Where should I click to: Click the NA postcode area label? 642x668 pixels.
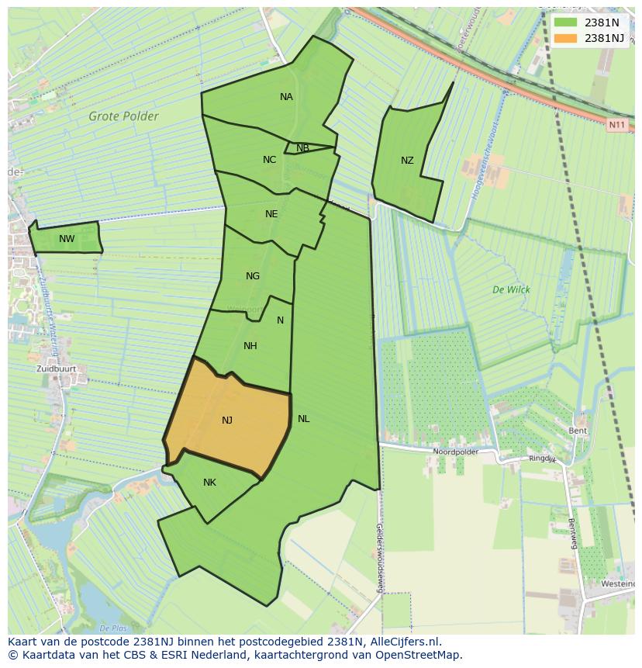click(x=286, y=97)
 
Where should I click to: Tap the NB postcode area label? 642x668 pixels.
click(x=302, y=148)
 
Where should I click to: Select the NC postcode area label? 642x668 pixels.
click(x=269, y=160)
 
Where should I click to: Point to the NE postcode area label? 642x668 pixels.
click(x=271, y=214)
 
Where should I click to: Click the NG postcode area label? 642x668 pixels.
click(x=253, y=276)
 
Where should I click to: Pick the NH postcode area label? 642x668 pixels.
click(x=250, y=346)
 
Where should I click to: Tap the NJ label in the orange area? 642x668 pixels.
click(x=227, y=421)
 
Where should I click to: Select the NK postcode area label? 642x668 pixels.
click(x=209, y=483)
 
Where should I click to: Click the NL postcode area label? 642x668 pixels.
click(x=303, y=419)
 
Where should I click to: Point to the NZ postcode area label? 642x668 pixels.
click(x=407, y=161)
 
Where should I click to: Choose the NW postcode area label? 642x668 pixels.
click(x=67, y=239)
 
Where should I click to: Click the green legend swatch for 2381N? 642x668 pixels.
click(x=566, y=22)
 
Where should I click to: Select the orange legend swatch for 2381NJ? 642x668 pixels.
click(x=566, y=38)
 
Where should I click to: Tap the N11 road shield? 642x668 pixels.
click(x=616, y=125)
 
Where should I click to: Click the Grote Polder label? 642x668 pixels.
click(x=123, y=116)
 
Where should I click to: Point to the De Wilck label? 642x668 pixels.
click(x=511, y=289)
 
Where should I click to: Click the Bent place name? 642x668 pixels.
click(x=578, y=431)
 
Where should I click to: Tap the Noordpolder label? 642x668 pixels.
click(x=455, y=452)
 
